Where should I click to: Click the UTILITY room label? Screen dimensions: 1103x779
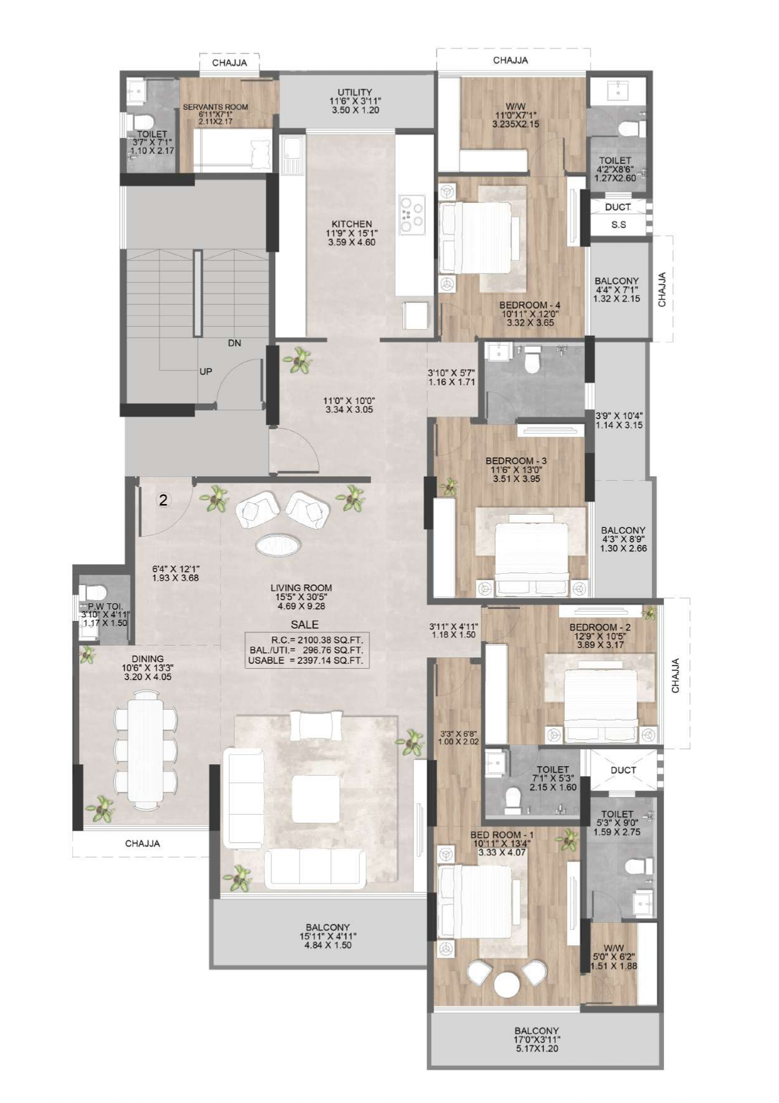tap(355, 92)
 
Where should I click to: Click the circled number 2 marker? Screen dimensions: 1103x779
tap(163, 500)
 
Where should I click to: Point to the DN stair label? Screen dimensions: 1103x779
tap(234, 343)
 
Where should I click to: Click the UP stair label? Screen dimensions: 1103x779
tap(205, 371)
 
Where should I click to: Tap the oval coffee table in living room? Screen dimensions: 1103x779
tap(277, 544)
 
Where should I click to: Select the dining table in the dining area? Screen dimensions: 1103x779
tap(145, 747)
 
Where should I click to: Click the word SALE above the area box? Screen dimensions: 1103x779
tap(305, 625)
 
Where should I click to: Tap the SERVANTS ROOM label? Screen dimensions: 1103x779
tap(215, 107)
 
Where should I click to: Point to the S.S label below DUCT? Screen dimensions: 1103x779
tap(618, 224)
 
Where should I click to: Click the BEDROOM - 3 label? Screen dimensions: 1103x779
tap(516, 461)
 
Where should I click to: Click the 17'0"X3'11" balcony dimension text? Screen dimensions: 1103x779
tap(537, 1040)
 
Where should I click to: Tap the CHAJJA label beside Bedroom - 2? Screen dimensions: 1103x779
tap(676, 676)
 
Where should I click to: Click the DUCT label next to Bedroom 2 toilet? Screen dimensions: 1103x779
tap(623, 770)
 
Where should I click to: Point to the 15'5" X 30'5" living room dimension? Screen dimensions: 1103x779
tap(302, 597)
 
